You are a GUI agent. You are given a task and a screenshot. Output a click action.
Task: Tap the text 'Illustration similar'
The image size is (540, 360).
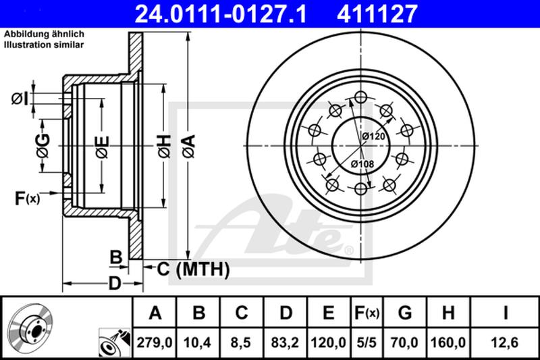click(44, 45)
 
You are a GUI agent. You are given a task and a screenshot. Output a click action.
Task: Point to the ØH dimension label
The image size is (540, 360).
click(163, 145)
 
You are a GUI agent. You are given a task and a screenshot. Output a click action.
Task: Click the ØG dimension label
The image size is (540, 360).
click(43, 145)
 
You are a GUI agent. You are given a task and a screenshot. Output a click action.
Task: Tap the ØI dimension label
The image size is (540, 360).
click(20, 100)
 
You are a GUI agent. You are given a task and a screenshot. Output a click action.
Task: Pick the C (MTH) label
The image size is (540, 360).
click(194, 269)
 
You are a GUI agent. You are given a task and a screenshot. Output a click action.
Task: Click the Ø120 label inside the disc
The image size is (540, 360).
click(373, 136)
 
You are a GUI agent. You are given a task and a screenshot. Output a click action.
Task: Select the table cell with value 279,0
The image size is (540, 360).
click(155, 343)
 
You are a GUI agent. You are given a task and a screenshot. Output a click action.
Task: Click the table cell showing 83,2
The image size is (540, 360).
click(286, 343)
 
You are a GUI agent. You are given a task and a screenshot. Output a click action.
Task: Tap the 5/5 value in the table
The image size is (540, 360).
click(367, 343)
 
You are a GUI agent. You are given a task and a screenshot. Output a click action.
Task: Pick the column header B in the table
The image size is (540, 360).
click(199, 313)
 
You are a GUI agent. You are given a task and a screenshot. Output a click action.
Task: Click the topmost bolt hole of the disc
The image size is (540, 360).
click(360, 99)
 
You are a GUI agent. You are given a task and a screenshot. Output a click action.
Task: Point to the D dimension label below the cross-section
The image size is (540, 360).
click(115, 283)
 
